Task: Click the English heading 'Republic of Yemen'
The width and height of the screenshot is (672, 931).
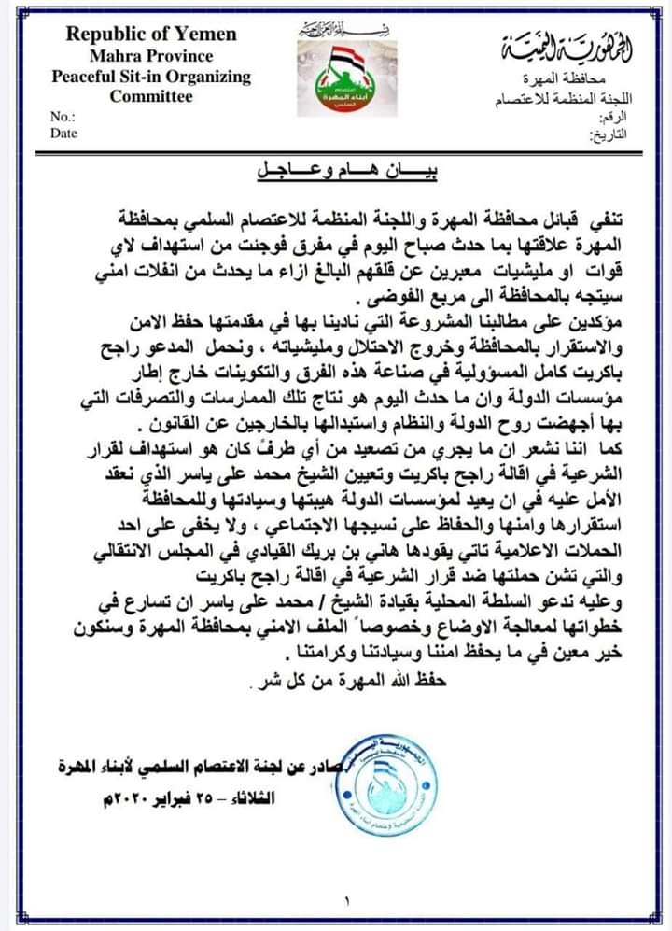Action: point(151,35)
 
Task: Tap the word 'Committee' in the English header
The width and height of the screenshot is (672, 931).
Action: point(151,95)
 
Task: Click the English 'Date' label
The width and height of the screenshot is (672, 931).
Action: point(64,133)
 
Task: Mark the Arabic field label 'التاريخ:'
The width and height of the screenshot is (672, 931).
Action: point(607,134)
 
